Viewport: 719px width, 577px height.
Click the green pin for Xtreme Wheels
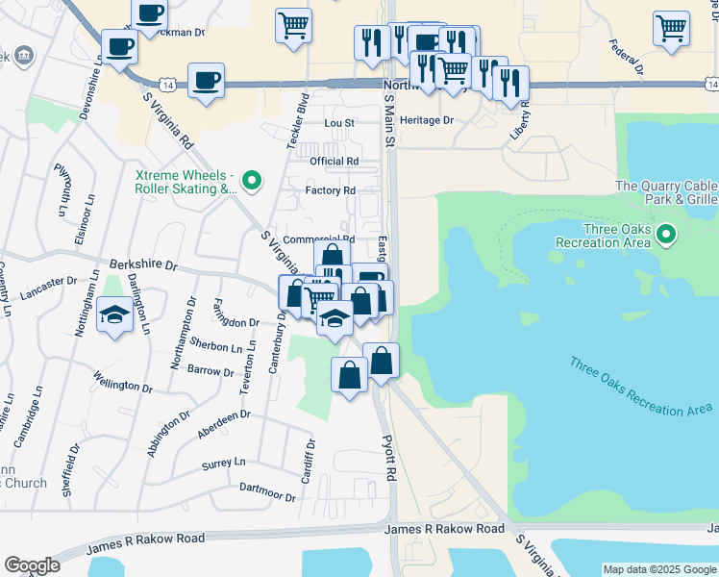(252, 180)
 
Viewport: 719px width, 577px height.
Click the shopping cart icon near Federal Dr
(670, 27)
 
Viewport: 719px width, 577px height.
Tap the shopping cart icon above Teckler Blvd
(293, 25)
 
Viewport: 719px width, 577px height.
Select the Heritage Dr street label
(427, 120)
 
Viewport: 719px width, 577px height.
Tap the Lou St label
(339, 123)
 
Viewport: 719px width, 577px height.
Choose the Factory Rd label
(331, 190)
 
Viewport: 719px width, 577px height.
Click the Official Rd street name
(334, 161)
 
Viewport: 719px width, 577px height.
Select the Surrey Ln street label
(224, 463)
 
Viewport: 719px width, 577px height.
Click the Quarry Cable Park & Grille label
(665, 193)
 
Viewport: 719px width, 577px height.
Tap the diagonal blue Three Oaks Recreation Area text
(639, 388)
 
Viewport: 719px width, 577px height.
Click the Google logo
(32, 565)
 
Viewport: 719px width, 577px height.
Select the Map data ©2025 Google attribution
(658, 569)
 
